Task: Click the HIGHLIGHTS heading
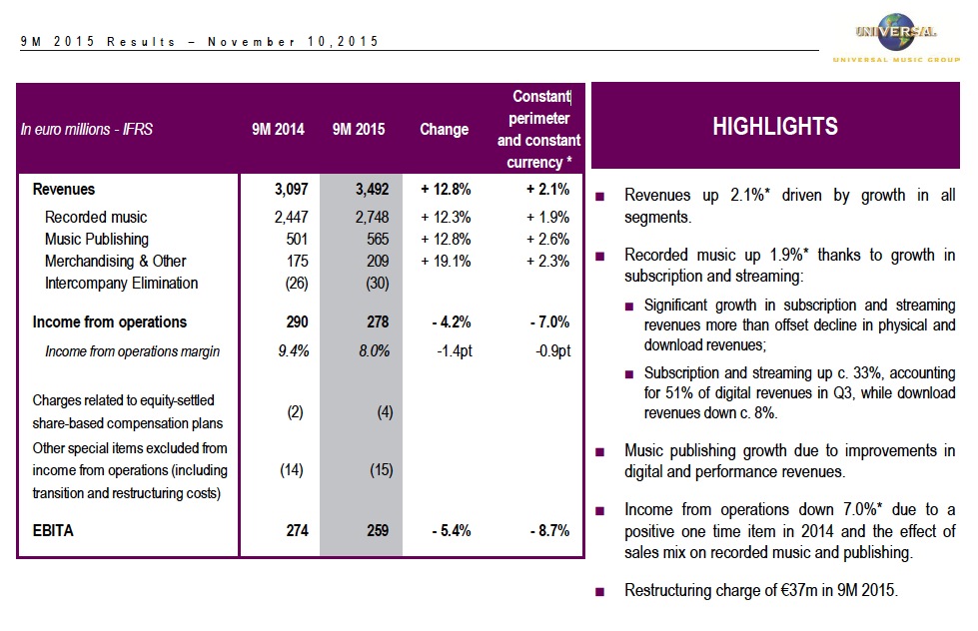775,127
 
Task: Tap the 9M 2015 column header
359,130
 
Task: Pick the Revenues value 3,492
371,189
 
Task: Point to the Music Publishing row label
97,239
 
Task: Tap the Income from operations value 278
378,322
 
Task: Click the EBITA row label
53,531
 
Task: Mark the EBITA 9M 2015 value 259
377,531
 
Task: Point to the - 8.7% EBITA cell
548,531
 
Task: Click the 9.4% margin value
294,351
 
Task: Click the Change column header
445,130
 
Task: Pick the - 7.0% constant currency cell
548,322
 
